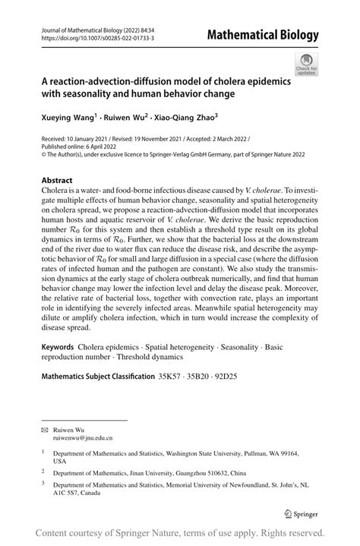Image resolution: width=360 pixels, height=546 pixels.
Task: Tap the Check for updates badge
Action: click(x=306, y=65)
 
